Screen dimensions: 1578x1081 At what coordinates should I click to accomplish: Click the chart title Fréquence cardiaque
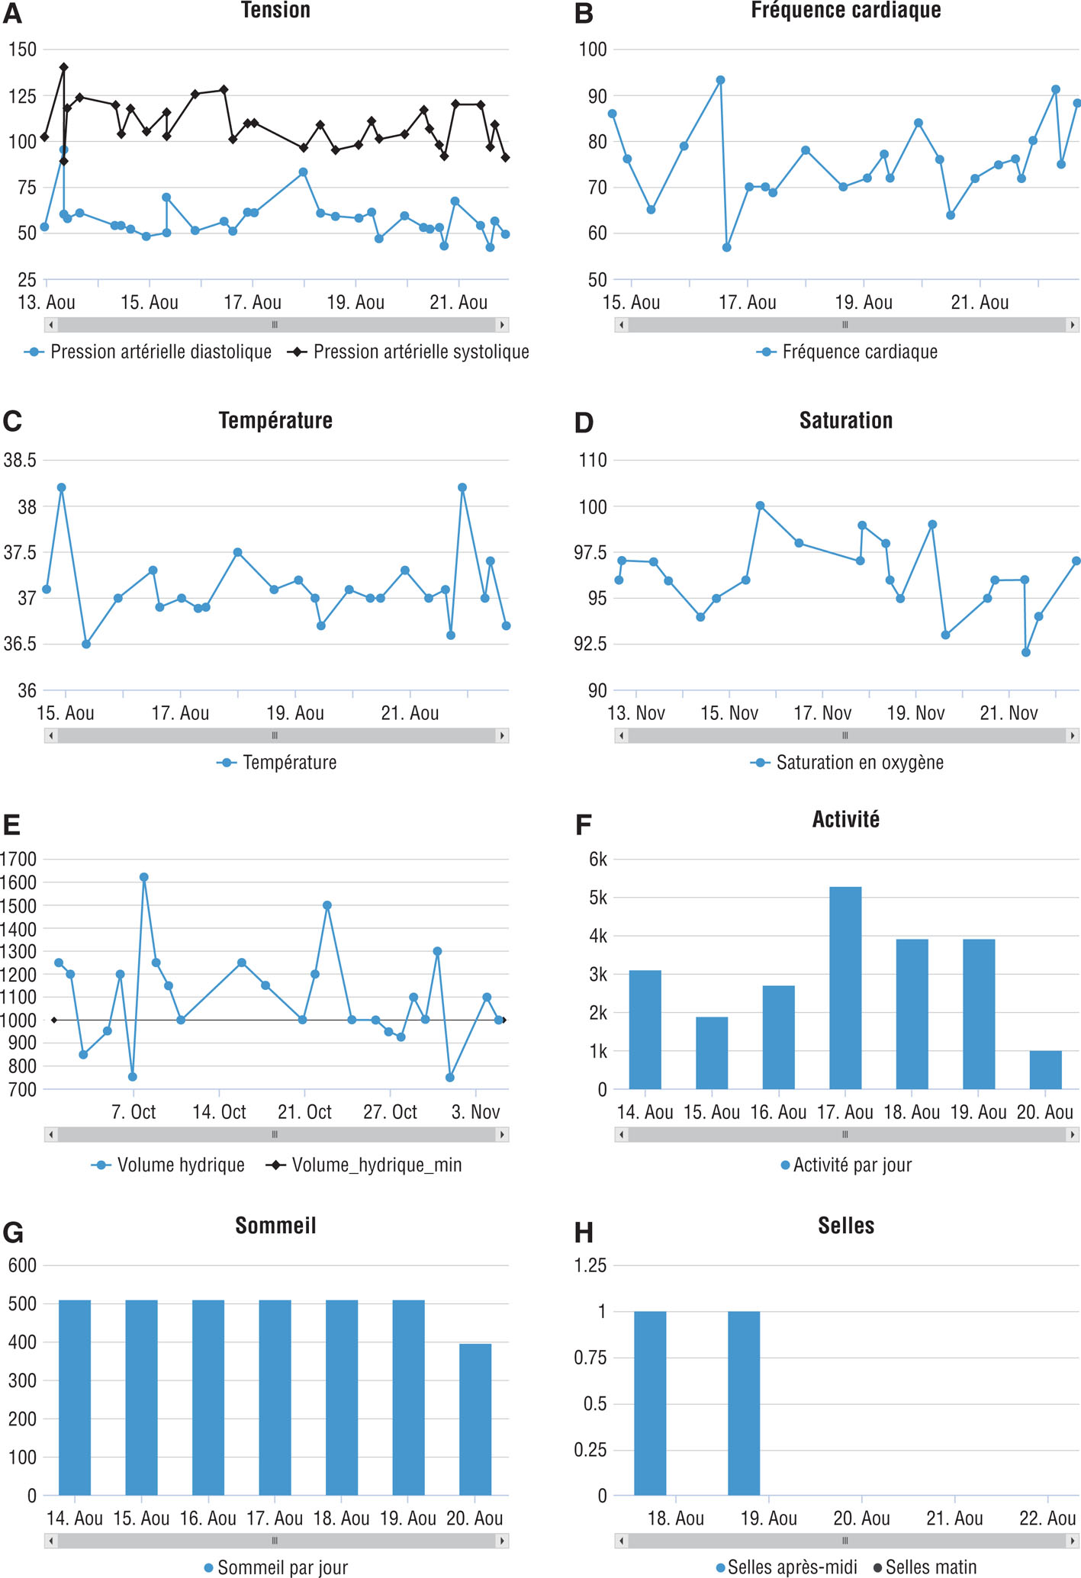(x=845, y=11)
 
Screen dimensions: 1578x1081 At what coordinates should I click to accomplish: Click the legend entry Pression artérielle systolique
(x=420, y=352)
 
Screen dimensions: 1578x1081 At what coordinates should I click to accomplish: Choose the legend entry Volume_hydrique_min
(x=376, y=1165)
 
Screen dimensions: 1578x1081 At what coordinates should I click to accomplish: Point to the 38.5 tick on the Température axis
(x=20, y=461)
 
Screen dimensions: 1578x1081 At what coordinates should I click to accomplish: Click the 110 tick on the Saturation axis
(x=593, y=461)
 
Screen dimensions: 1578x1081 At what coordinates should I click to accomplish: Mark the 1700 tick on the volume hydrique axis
(x=19, y=860)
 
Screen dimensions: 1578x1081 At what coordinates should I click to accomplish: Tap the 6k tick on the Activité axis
(x=598, y=860)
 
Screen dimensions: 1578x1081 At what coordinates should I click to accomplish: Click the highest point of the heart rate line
(x=719, y=80)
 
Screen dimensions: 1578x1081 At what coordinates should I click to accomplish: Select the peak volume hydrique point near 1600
(x=144, y=877)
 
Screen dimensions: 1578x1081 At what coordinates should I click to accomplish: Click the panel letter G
(x=13, y=1233)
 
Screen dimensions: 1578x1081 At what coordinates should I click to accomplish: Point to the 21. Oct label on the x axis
(x=304, y=1112)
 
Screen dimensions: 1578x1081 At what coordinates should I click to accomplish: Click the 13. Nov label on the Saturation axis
(x=636, y=713)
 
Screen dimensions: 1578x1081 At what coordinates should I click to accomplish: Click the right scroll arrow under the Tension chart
(x=502, y=325)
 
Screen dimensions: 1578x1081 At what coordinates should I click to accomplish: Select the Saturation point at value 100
(x=760, y=506)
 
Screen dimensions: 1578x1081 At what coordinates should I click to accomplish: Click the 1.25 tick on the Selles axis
(x=590, y=1265)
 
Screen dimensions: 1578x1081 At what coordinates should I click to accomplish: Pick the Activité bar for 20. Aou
(x=1045, y=1070)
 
